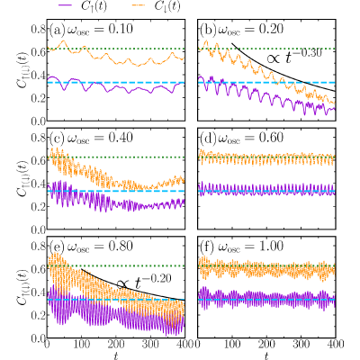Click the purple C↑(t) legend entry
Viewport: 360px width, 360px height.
[x=82, y=7]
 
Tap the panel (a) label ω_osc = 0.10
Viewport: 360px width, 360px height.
[x=99, y=30]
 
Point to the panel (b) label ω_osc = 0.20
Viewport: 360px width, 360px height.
[x=250, y=30]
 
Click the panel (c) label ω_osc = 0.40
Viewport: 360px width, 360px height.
[x=99, y=138]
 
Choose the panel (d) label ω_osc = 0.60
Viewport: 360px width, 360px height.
[x=250, y=138]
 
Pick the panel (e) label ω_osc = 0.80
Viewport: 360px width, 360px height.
[x=99, y=247]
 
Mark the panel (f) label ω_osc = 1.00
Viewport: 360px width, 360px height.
[x=250, y=247]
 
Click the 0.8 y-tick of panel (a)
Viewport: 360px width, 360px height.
[x=38, y=29]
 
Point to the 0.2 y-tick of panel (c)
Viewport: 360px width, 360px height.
[x=38, y=206]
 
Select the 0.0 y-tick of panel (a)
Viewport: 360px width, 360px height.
[x=38, y=121]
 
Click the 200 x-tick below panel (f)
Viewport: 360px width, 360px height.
[x=266, y=344]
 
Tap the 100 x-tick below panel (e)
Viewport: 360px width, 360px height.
[x=81, y=344]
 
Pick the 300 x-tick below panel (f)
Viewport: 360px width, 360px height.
[x=301, y=344]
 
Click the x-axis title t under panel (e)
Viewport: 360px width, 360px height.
[x=116, y=355]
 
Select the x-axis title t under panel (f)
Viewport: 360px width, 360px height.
[x=266, y=355]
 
